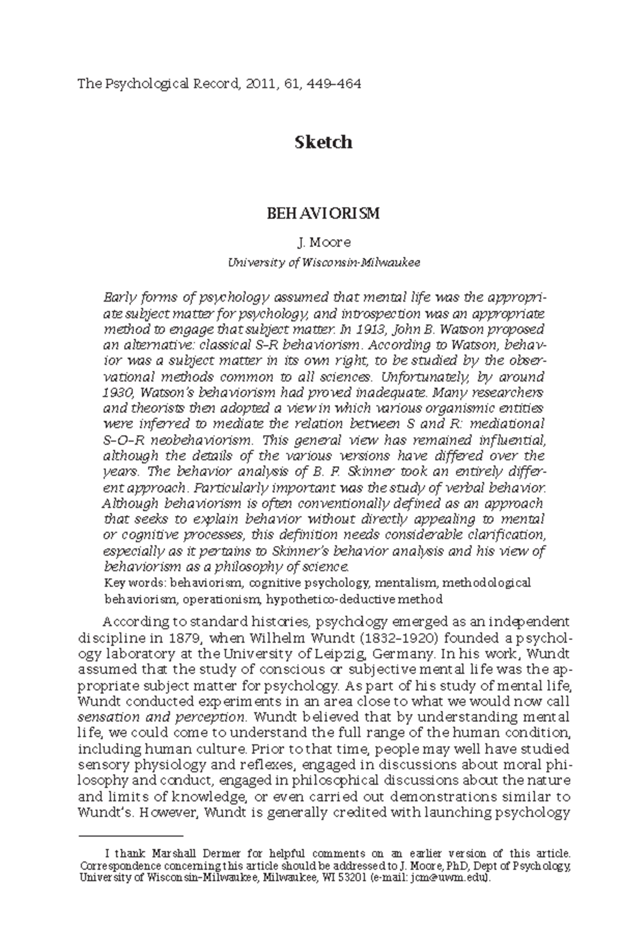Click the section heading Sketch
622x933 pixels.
[x=323, y=142]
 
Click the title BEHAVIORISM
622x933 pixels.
[x=323, y=214]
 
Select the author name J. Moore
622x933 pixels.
[x=323, y=242]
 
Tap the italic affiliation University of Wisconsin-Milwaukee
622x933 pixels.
[x=324, y=262]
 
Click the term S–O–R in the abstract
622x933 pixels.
[x=122, y=440]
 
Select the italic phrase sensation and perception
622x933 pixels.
[x=161, y=718]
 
